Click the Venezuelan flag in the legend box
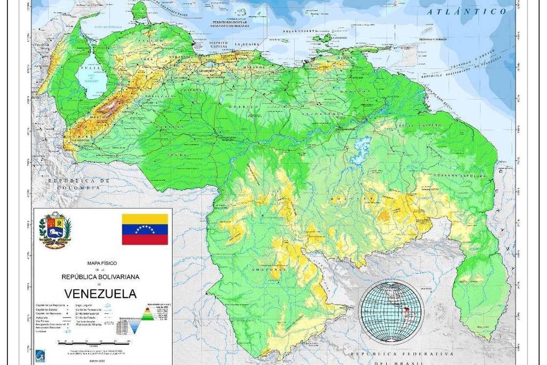click(x=145, y=229)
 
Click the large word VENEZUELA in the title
click(x=100, y=293)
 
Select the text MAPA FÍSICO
click(x=101, y=263)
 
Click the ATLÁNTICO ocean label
click(x=466, y=12)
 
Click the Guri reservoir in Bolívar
click(x=363, y=146)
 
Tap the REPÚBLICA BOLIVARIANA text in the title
click(x=100, y=277)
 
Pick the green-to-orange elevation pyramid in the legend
click(x=147, y=314)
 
